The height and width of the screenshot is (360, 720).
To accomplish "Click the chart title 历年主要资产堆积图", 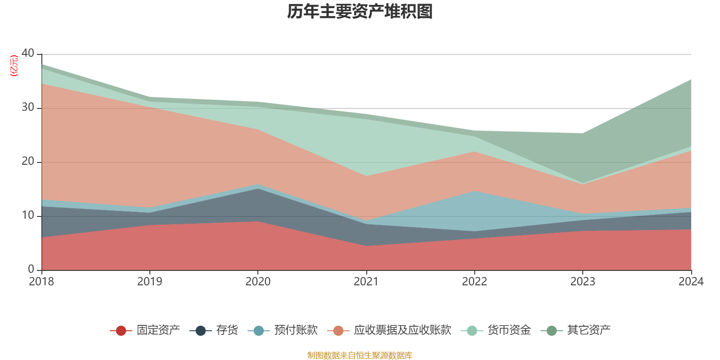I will [360, 12].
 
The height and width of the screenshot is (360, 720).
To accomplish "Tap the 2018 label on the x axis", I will [41, 282].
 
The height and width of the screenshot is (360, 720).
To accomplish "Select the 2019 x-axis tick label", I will [149, 282].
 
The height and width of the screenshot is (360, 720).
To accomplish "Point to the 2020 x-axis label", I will [258, 282].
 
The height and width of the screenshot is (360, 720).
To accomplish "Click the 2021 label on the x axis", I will [366, 282].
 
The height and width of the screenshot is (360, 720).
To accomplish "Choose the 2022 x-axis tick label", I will [474, 282].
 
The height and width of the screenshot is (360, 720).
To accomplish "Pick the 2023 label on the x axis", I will [583, 282].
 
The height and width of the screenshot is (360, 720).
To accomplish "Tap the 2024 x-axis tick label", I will [691, 282].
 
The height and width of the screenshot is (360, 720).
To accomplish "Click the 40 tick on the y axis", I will [28, 53].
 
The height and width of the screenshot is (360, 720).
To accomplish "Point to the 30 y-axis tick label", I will [28, 107].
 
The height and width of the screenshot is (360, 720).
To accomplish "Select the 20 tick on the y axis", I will [28, 161].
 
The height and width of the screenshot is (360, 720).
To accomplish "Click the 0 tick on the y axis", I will [31, 269].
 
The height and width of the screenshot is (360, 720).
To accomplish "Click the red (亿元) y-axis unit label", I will [14, 66].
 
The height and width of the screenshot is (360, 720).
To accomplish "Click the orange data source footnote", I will [360, 355].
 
